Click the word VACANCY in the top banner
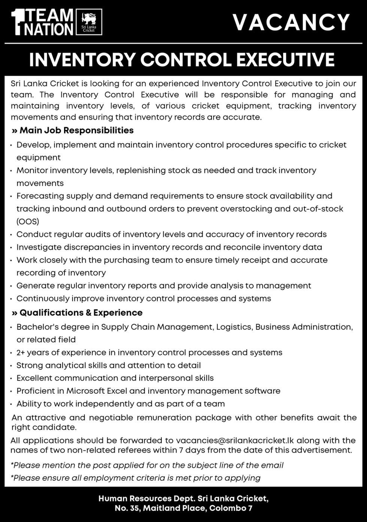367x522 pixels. point(291,22)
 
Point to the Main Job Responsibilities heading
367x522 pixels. point(76,130)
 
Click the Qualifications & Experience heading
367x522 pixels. point(81,313)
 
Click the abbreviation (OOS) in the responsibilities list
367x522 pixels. point(28,222)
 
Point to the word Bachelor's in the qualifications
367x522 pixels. point(36,327)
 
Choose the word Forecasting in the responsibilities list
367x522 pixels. point(41,196)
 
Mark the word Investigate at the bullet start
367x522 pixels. point(40,247)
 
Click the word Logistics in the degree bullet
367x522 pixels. point(235,327)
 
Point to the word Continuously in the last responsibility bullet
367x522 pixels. point(43,298)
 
